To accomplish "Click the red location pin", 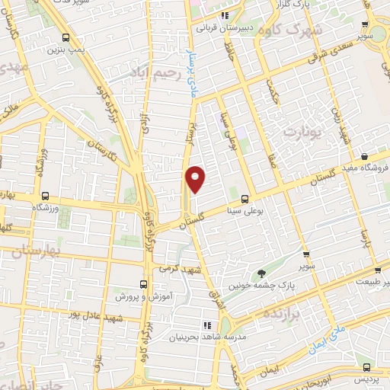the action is tap(196, 179).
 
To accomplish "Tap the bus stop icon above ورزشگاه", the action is tap(45, 195).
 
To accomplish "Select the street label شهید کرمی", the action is tap(180, 270).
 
